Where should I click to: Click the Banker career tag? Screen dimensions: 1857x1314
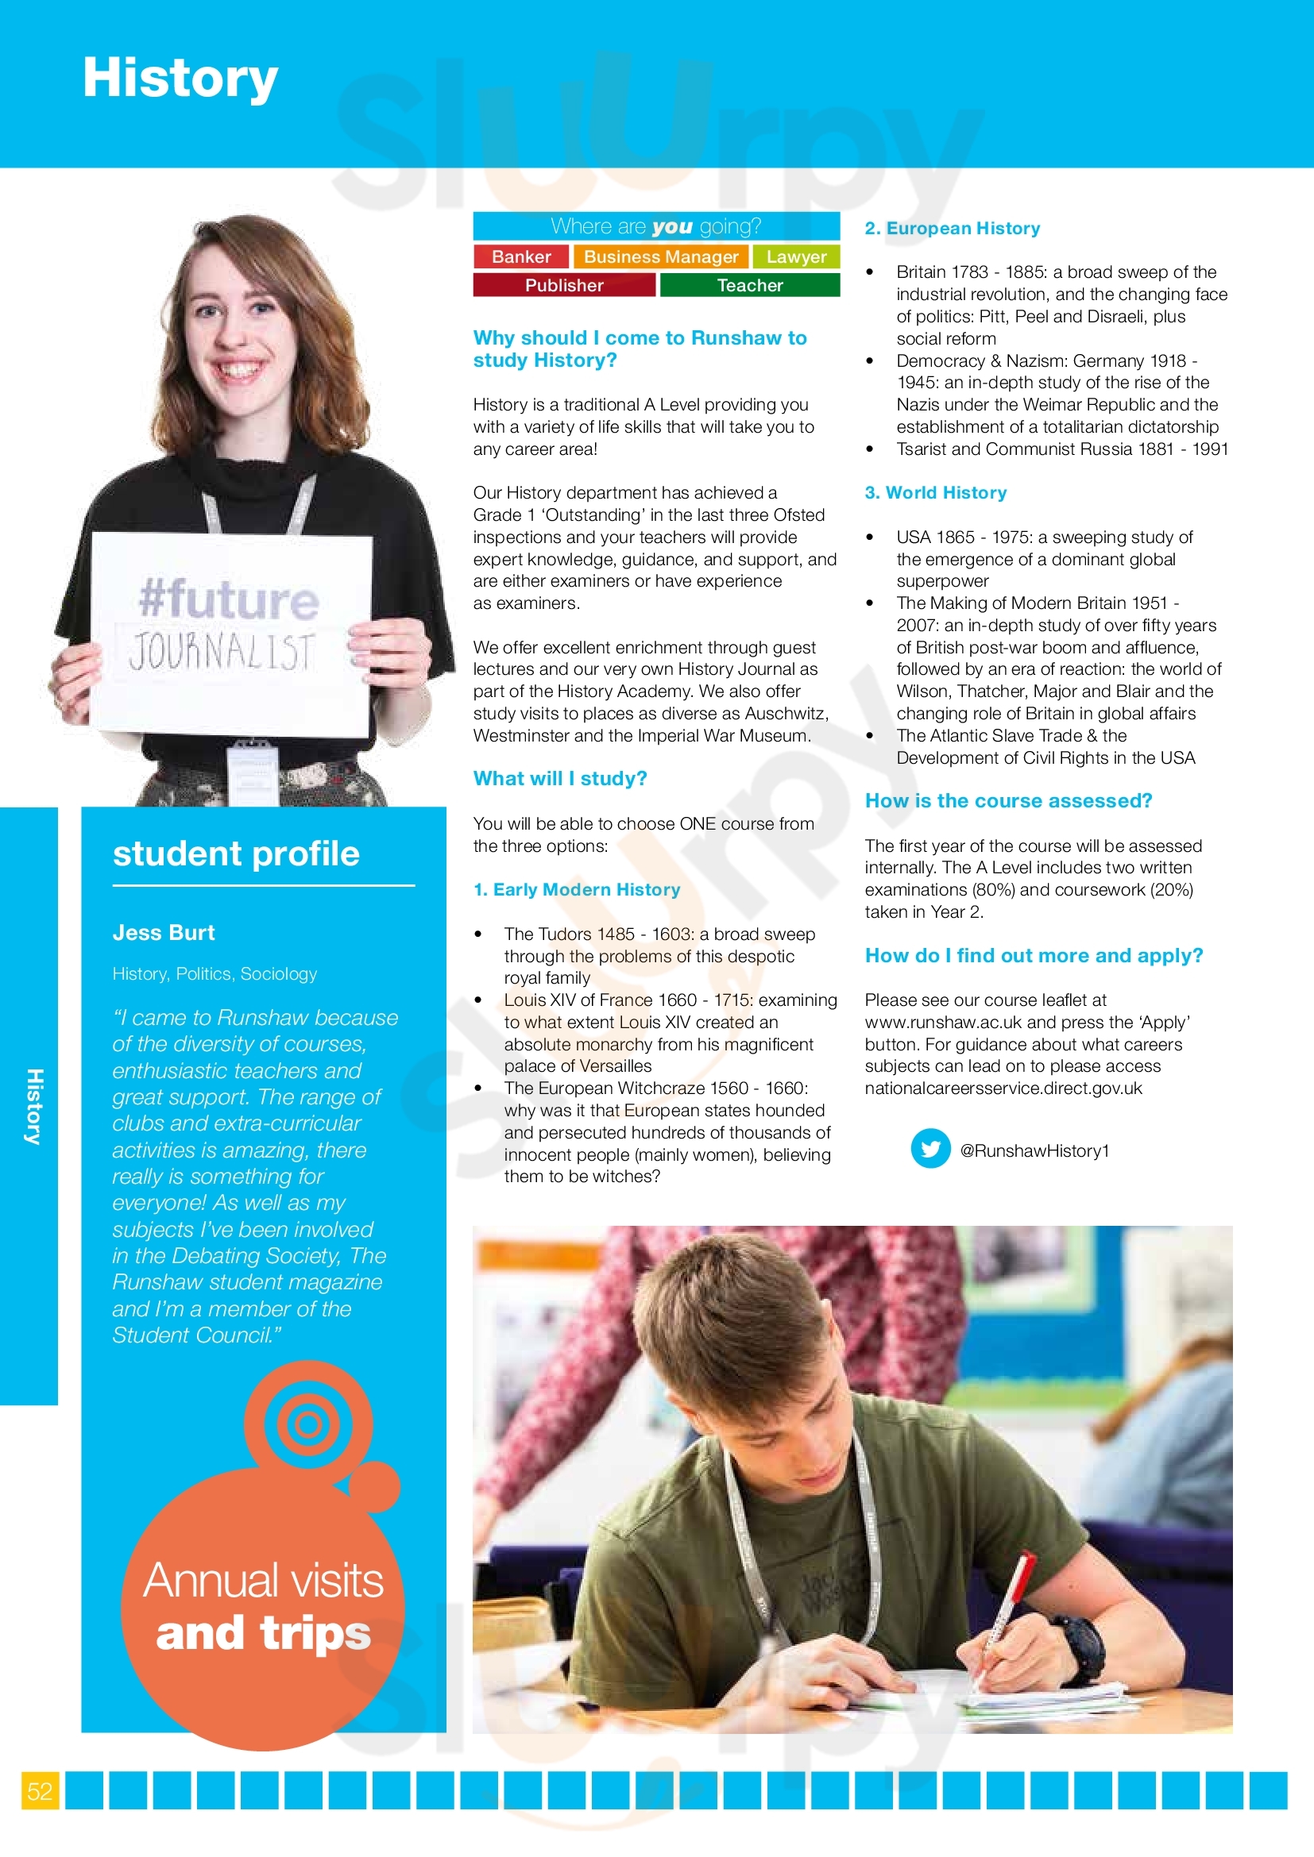click(521, 257)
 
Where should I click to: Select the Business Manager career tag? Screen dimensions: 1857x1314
click(661, 257)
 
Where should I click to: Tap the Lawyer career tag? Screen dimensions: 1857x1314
click(796, 257)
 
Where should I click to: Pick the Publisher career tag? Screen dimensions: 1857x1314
click(564, 286)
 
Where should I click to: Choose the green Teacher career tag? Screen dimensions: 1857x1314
click(750, 286)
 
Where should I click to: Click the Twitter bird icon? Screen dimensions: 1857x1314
click(930, 1150)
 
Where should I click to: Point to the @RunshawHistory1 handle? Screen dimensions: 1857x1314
click(1034, 1151)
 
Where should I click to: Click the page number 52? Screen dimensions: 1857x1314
click(40, 1790)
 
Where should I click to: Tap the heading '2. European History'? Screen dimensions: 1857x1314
click(953, 229)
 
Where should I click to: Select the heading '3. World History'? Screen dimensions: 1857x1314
click(935, 492)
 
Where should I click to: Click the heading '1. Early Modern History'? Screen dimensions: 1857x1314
click(577, 890)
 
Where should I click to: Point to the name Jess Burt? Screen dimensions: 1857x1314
click(164, 933)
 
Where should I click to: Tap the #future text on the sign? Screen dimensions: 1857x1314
click(229, 600)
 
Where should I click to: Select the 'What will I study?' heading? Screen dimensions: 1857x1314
click(560, 779)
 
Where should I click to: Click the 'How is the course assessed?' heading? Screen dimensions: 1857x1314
click(1008, 801)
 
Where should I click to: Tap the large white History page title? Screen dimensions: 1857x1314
click(180, 79)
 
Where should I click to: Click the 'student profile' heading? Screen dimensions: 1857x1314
click(236, 854)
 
